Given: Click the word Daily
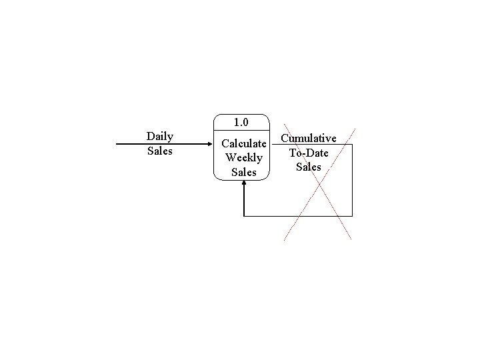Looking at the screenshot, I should point(160,137).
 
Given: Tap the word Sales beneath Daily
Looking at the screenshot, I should point(160,151).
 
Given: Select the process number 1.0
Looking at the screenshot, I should point(241,122).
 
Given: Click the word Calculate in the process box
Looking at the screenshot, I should point(244,143).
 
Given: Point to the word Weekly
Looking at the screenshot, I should point(244,158).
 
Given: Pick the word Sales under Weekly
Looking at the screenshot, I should point(244,172).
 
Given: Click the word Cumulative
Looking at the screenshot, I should point(308,139).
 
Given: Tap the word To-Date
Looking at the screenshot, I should point(308,153).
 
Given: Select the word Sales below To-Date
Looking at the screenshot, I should point(308,167).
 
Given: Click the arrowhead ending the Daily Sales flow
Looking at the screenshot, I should point(209,143).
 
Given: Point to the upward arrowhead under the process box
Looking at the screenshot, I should point(245,185).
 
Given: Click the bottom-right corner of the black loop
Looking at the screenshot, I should point(352,216).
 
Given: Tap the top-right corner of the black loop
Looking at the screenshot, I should point(352,144).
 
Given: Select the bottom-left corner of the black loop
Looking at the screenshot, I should point(245,216).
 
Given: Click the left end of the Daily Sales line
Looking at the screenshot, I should point(117,143).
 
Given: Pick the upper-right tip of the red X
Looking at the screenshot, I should point(355,128).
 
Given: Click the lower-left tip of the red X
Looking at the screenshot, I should point(284,239).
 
